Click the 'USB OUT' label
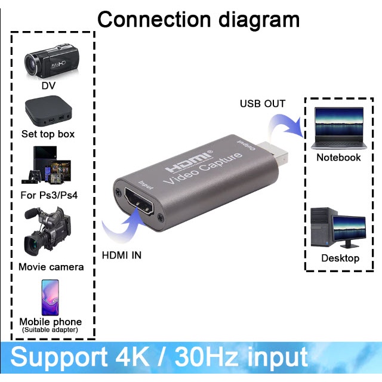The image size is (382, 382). pos(263,104)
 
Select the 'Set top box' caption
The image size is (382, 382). pos(48,134)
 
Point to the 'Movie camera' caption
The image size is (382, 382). pos(51,267)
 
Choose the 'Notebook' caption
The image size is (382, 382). pos(338,158)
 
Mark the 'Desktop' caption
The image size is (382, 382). pos(340,258)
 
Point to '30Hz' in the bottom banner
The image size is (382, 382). pos(208,357)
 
